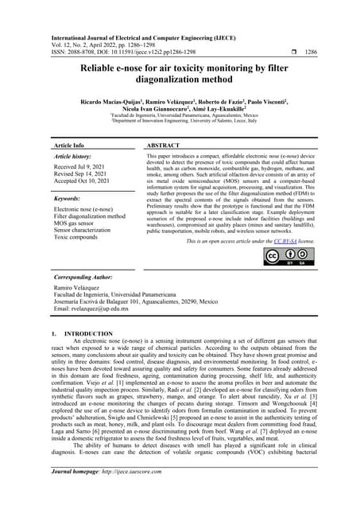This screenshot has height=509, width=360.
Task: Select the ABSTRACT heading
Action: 167,146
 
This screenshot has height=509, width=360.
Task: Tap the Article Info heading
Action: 68,146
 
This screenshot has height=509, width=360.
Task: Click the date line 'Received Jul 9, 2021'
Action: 83,168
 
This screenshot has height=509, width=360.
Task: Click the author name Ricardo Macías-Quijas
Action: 106,104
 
